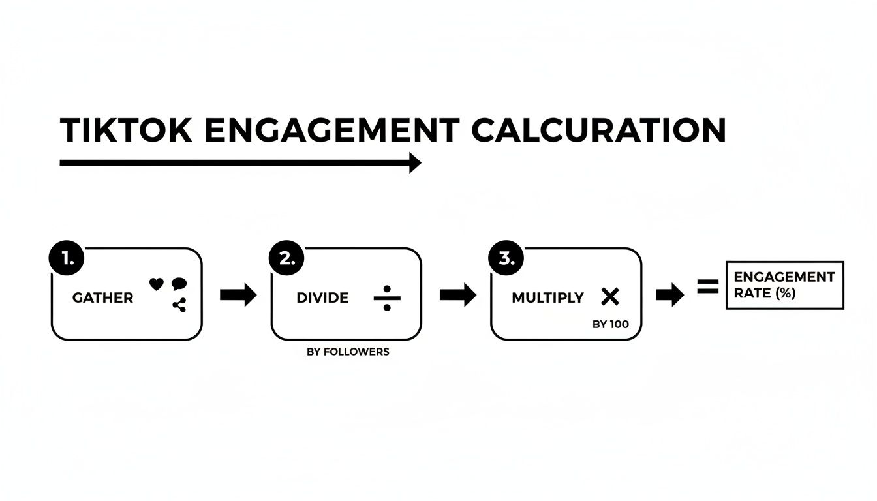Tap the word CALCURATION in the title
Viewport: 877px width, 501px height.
click(x=598, y=130)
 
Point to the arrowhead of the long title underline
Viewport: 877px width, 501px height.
click(x=415, y=162)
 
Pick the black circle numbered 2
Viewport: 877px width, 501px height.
click(x=285, y=258)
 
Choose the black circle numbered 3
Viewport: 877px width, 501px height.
click(x=504, y=258)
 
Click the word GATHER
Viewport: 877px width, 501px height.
click(x=102, y=298)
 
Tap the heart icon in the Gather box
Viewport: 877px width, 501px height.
click(x=156, y=284)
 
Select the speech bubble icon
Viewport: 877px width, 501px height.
click(x=179, y=284)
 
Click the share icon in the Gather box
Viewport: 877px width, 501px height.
click(x=179, y=305)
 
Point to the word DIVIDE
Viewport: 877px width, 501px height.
click(x=322, y=298)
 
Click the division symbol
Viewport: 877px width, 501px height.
click(x=387, y=298)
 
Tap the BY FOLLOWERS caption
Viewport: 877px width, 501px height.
click(x=348, y=352)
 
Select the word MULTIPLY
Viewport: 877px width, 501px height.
click(x=547, y=298)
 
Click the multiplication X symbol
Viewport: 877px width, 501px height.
click(x=609, y=297)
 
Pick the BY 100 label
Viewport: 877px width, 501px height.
click(x=611, y=324)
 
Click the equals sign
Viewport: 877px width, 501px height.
click(x=707, y=286)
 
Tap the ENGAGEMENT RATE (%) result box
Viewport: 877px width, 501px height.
click(x=784, y=285)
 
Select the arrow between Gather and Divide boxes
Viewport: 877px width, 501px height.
click(x=238, y=296)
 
